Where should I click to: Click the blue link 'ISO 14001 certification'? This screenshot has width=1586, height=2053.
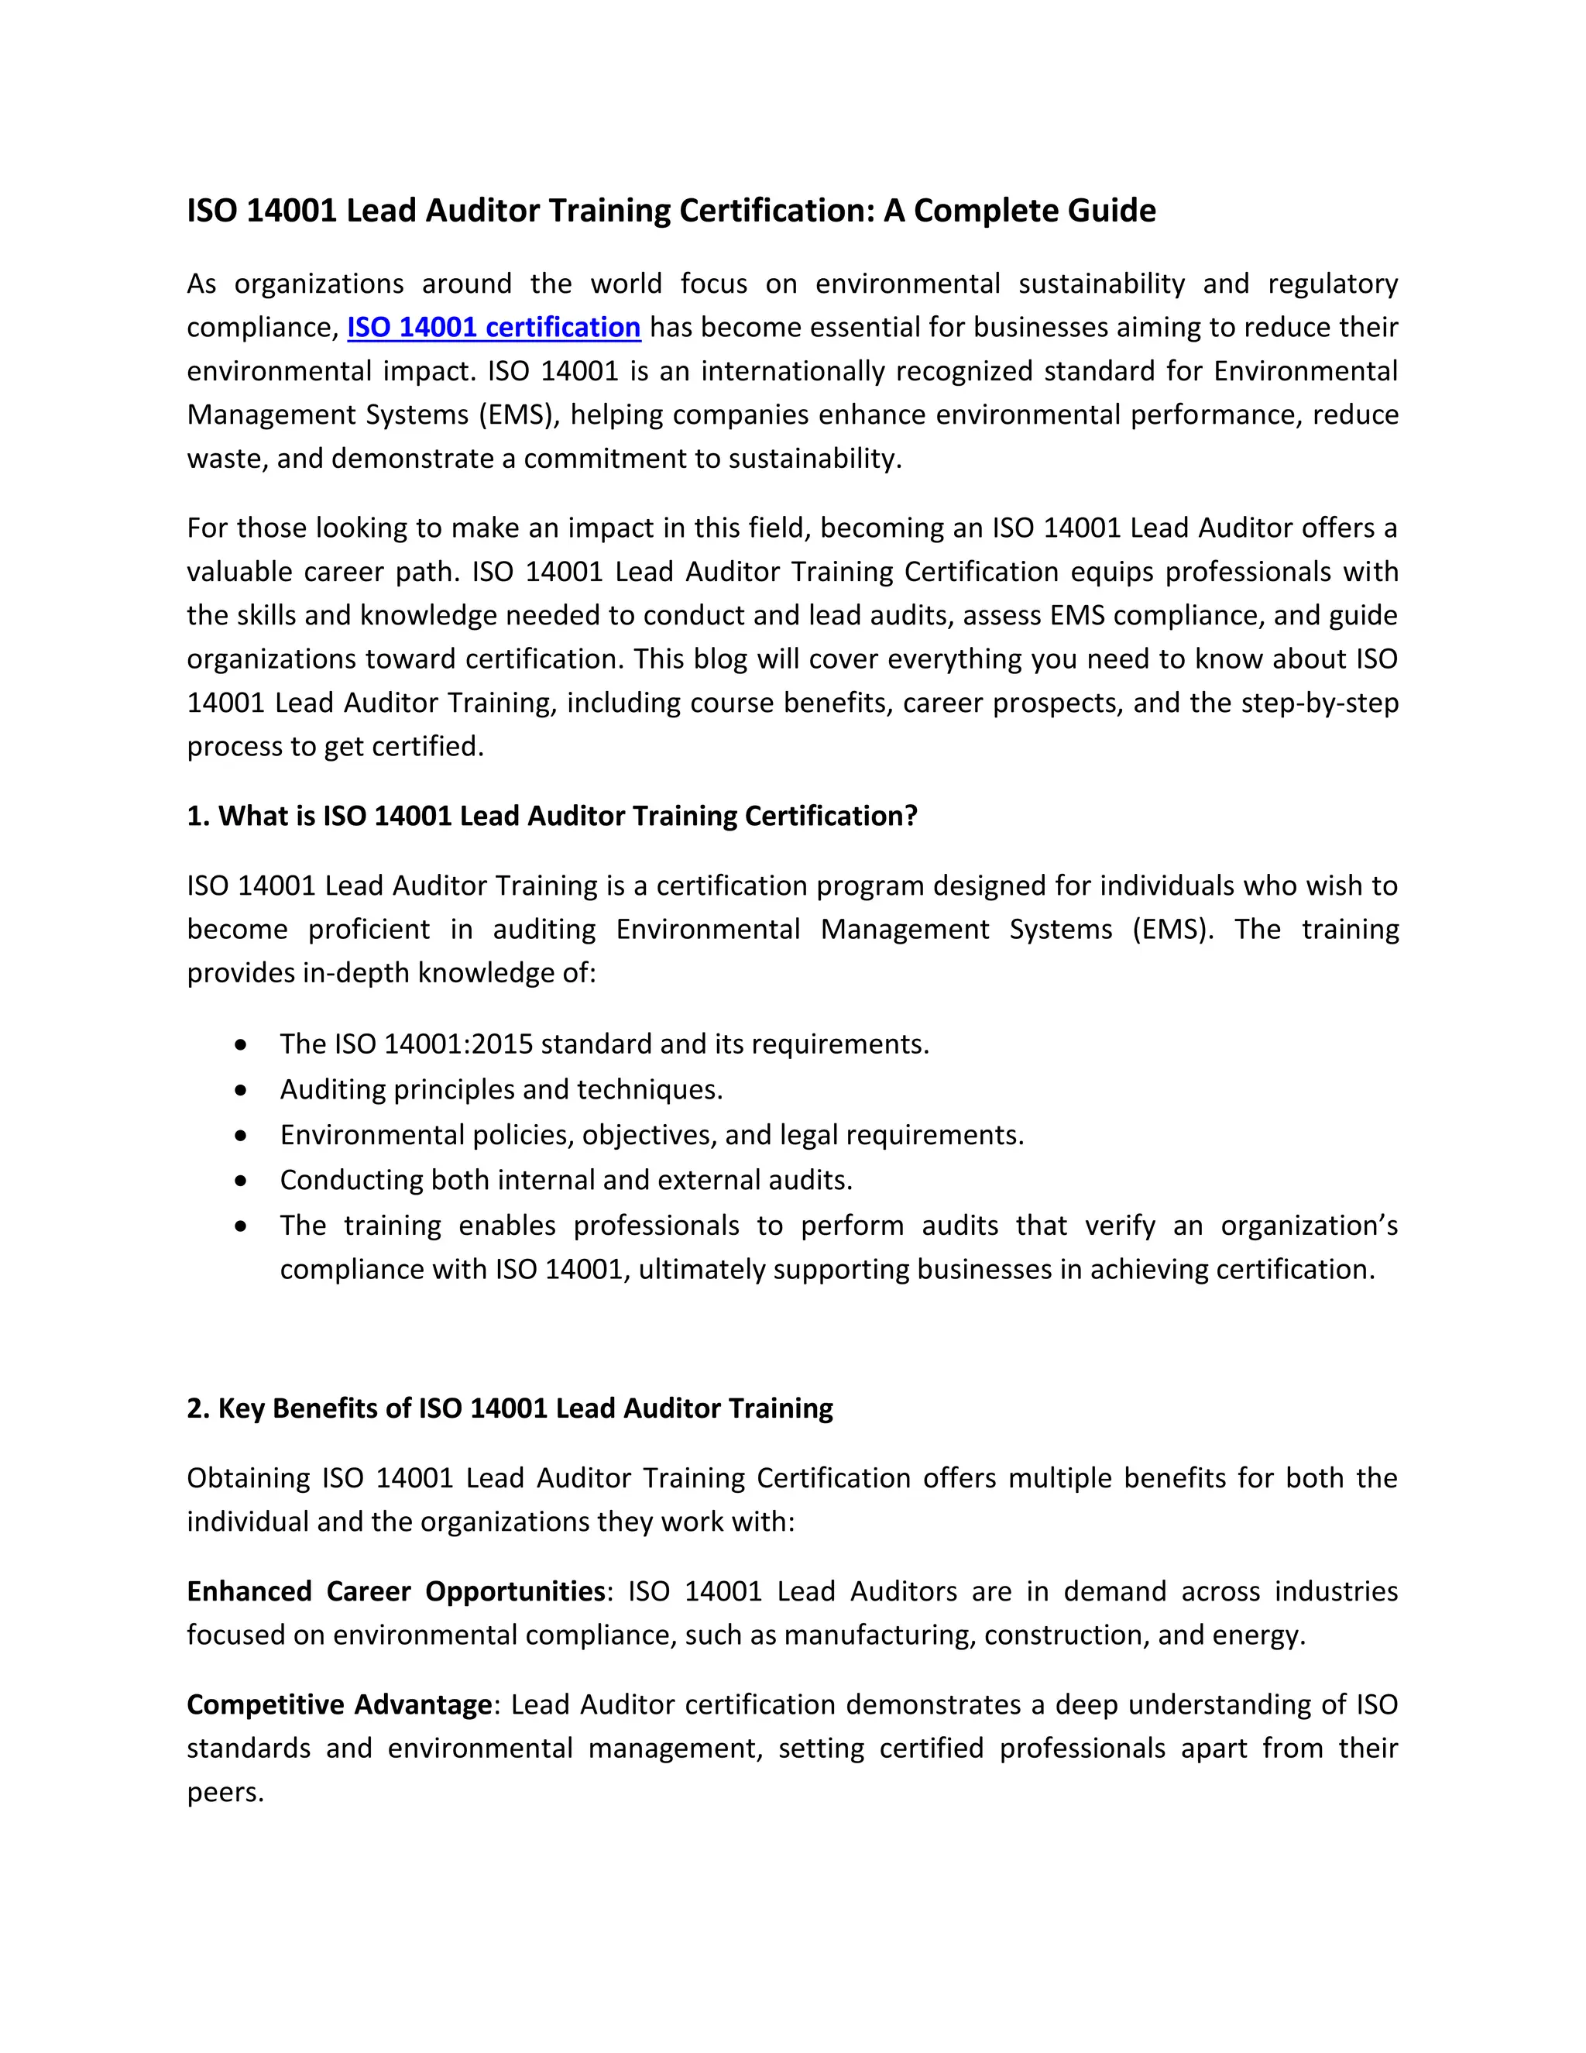point(493,327)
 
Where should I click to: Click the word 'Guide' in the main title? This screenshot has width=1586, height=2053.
point(1109,210)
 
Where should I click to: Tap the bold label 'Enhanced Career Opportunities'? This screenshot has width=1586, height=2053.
point(396,1590)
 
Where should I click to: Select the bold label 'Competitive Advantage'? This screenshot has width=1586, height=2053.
point(339,1704)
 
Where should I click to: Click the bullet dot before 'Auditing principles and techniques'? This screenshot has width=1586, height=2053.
point(242,1089)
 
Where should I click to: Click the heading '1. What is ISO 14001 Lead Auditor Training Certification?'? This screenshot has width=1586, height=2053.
point(551,815)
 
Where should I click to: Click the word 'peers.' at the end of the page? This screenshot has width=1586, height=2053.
point(225,1792)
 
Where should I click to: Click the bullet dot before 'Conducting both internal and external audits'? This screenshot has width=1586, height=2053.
point(242,1180)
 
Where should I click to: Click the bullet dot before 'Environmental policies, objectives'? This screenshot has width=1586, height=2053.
point(242,1135)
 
